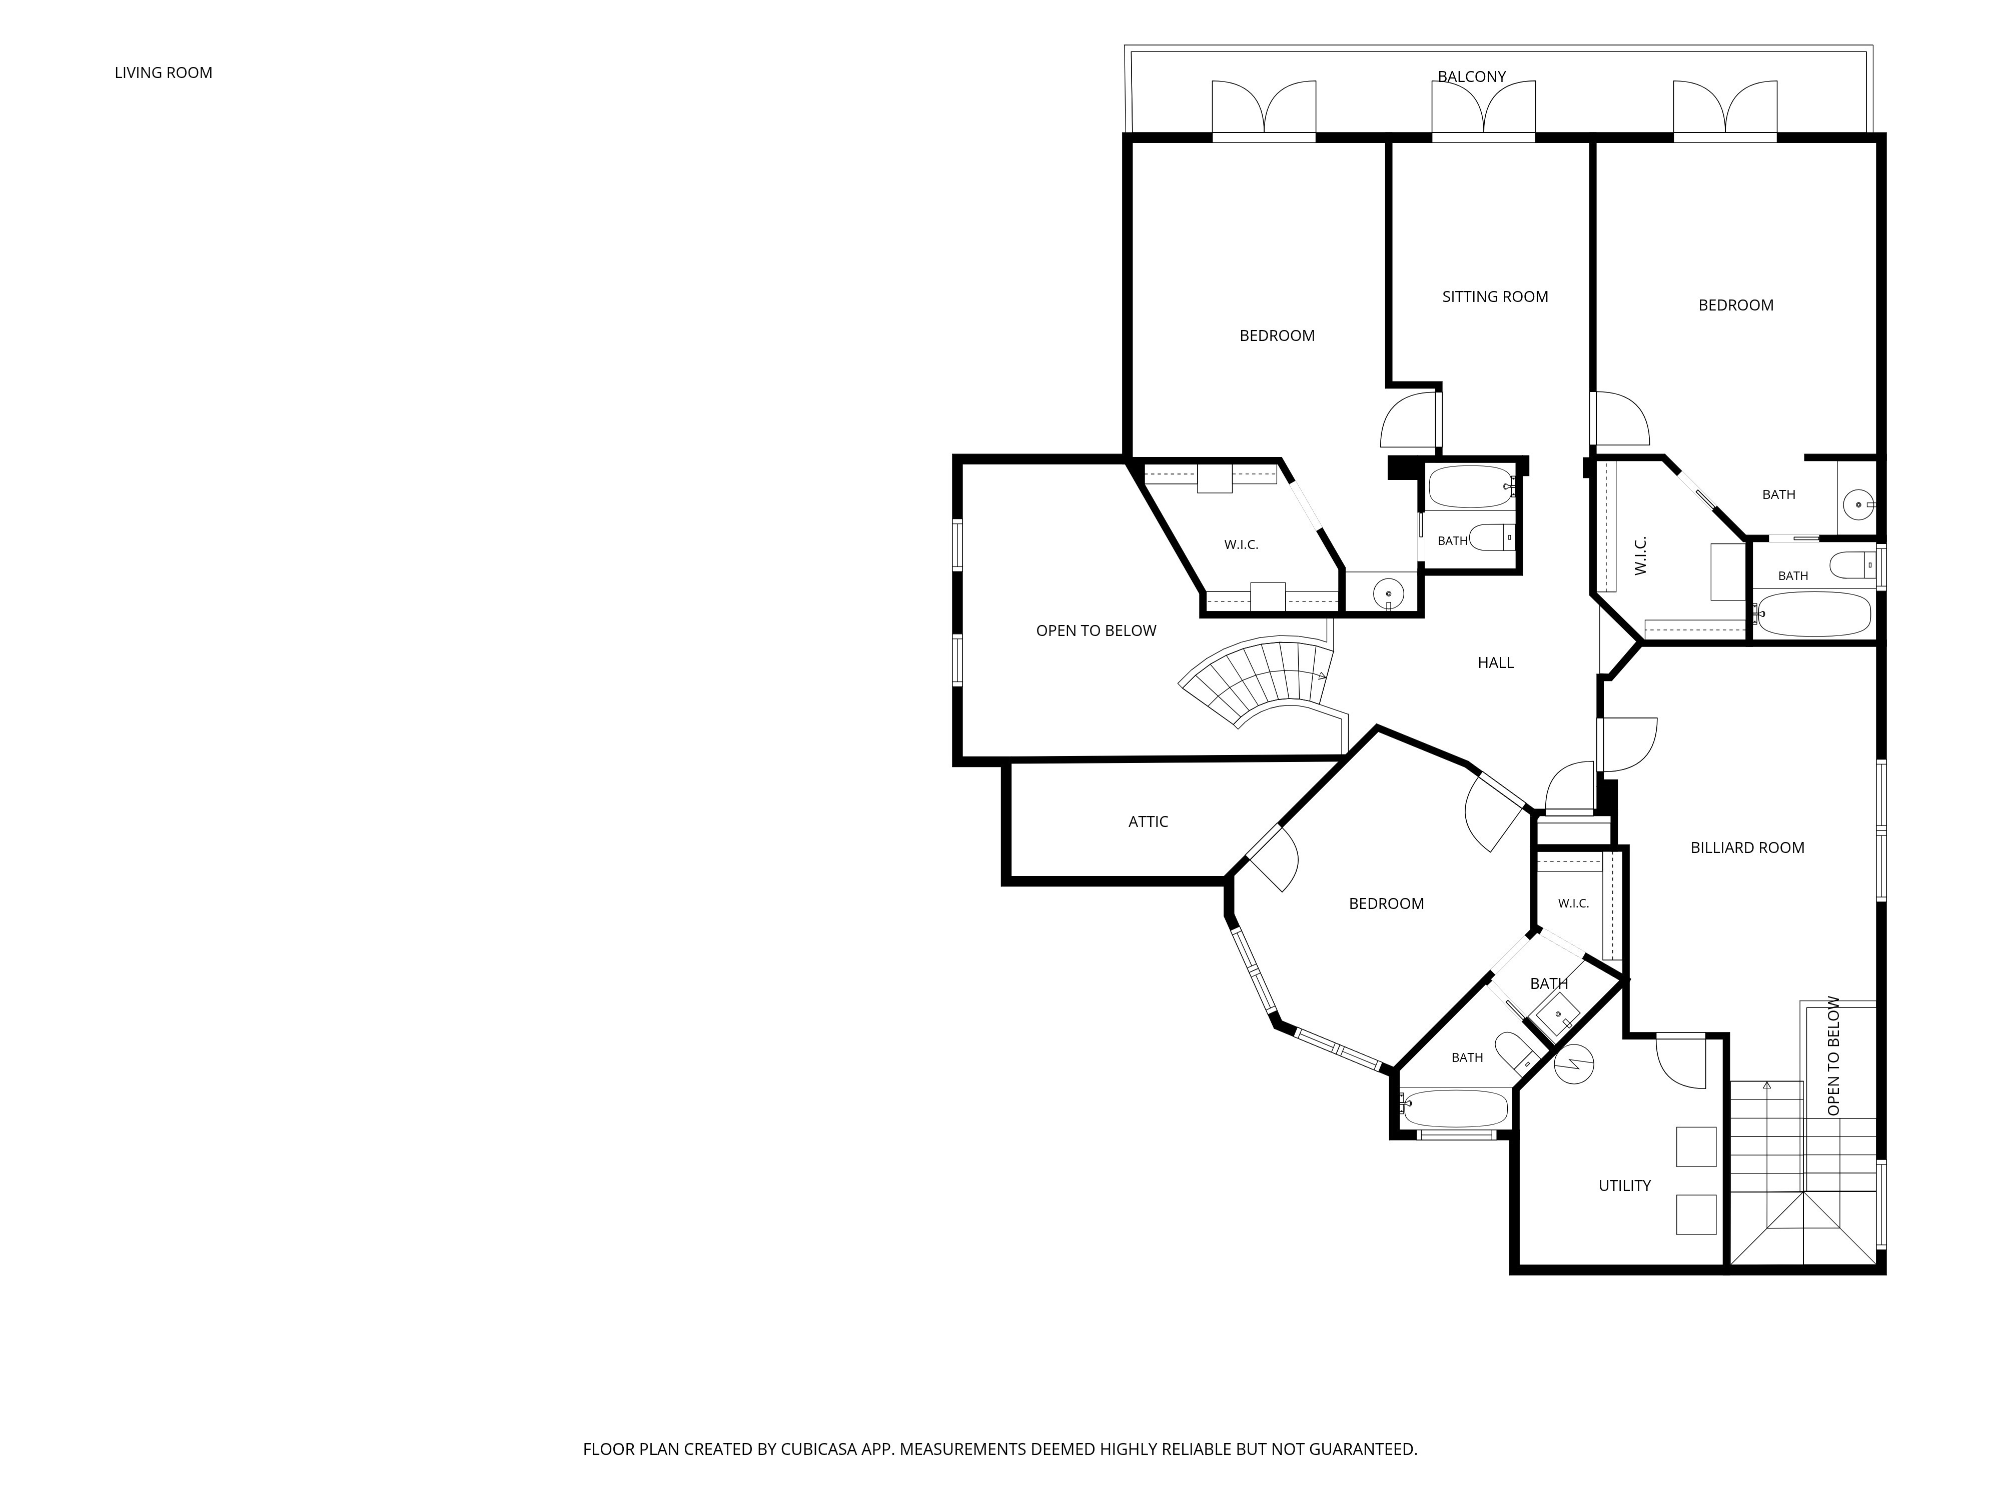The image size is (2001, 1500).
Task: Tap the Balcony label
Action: pyautogui.click(x=1472, y=77)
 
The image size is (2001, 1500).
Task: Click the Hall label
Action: pyautogui.click(x=1495, y=662)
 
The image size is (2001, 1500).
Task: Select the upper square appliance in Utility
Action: pyautogui.click(x=1696, y=1146)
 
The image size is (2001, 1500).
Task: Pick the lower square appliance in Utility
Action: pyautogui.click(x=1696, y=1214)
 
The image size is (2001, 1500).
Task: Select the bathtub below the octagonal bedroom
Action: pyautogui.click(x=1454, y=1107)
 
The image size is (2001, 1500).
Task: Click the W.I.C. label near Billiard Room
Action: pyautogui.click(x=1573, y=903)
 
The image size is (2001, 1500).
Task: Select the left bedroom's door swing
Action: pyautogui.click(x=1409, y=419)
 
